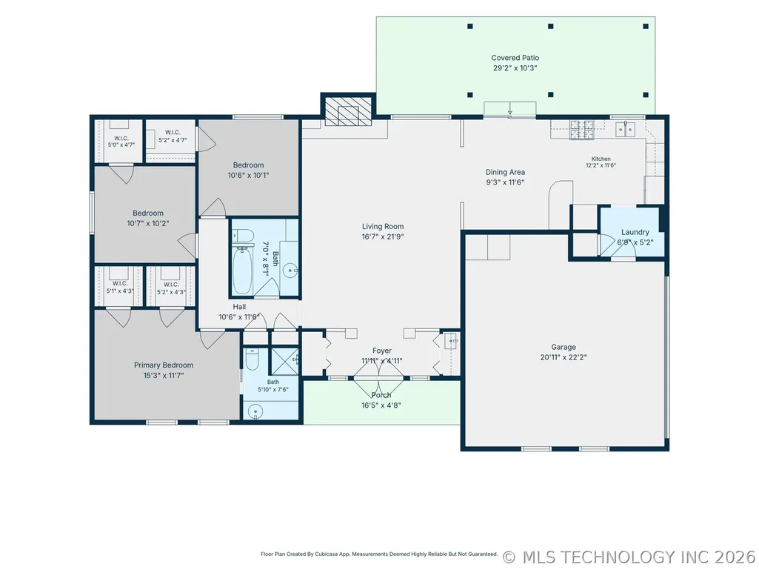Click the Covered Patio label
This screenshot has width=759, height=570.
click(x=515, y=58)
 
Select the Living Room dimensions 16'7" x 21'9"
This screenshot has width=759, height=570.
click(x=382, y=237)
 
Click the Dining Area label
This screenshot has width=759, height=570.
click(x=505, y=172)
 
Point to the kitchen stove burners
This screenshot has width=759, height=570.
click(x=582, y=130)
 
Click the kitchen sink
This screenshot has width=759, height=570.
click(x=625, y=130)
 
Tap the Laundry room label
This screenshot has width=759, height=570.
click(x=635, y=232)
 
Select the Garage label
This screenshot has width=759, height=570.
click(x=564, y=347)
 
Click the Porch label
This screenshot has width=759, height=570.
click(x=381, y=395)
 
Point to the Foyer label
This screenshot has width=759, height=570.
click(x=382, y=351)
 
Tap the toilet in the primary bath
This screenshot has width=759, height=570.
click(x=253, y=359)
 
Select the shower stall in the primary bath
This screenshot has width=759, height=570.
click(x=284, y=361)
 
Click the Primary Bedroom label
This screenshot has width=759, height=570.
click(x=164, y=365)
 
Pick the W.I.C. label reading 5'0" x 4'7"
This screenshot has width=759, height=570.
click(x=121, y=145)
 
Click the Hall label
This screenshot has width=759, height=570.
click(x=239, y=307)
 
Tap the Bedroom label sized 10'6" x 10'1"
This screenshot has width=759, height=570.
click(x=248, y=165)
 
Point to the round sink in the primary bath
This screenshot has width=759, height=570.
click(x=255, y=412)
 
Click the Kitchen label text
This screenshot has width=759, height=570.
click(x=601, y=159)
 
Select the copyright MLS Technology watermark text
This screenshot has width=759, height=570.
click(x=629, y=557)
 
